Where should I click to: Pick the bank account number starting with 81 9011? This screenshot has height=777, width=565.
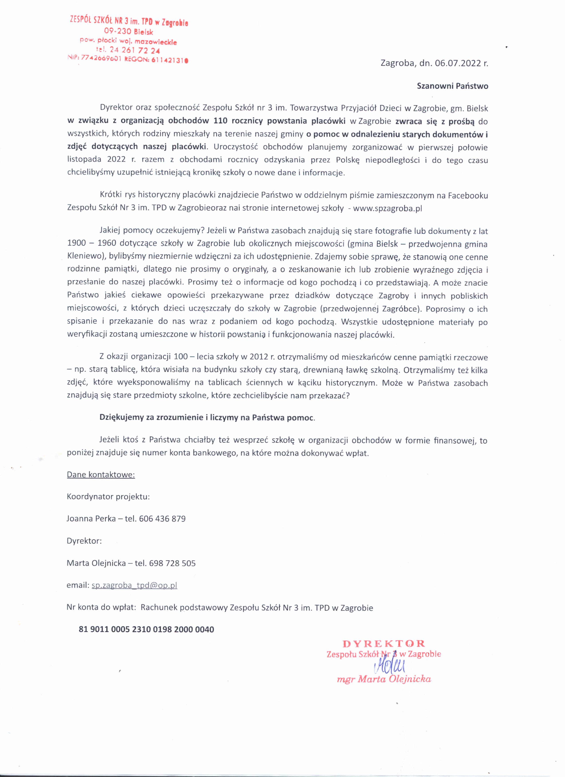coord(146,629)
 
